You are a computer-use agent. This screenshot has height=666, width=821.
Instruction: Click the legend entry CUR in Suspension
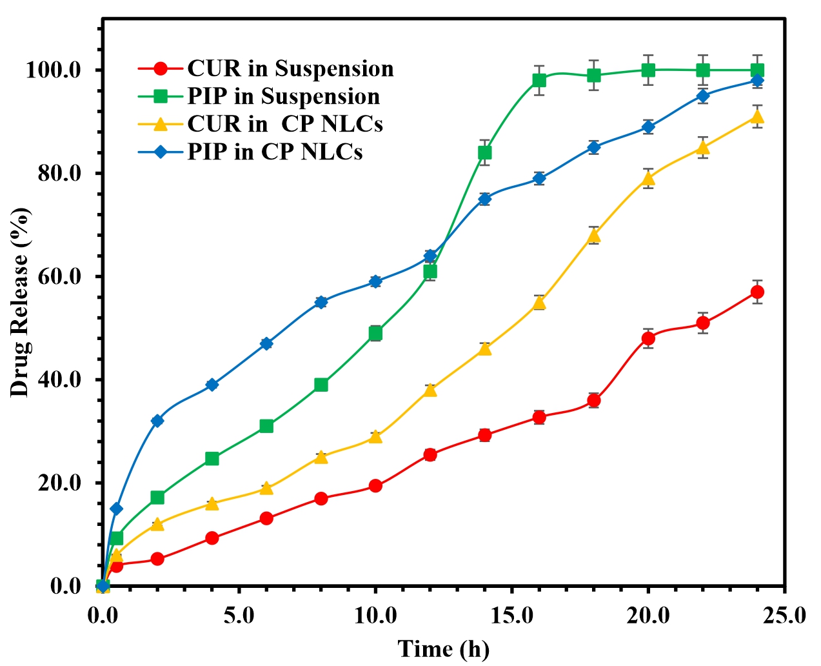click(x=290, y=68)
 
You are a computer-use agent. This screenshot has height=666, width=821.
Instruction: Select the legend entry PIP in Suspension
click(x=283, y=96)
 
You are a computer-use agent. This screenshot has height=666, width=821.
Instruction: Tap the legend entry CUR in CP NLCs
click(x=284, y=124)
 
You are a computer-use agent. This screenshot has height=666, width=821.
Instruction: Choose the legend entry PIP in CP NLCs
click(x=275, y=152)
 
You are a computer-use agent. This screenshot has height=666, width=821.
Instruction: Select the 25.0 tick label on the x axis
click(x=785, y=615)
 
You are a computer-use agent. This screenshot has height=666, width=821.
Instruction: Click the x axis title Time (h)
click(x=444, y=649)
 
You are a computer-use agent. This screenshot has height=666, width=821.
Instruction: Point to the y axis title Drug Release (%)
click(x=20, y=302)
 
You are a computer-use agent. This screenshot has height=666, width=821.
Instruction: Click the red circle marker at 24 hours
click(x=757, y=292)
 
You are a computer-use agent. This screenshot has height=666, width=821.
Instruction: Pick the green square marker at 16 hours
click(x=539, y=80)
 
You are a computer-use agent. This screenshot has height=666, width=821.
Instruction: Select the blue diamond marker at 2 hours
click(x=157, y=421)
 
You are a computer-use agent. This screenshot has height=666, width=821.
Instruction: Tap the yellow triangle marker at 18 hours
click(x=594, y=236)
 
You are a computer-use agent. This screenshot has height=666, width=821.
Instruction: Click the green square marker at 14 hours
click(x=484, y=152)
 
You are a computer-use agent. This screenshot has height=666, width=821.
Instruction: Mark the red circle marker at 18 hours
click(x=594, y=400)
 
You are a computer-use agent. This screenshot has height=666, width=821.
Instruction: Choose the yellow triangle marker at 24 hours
click(x=757, y=117)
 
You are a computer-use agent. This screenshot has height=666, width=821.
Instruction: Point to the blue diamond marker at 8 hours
click(x=321, y=302)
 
